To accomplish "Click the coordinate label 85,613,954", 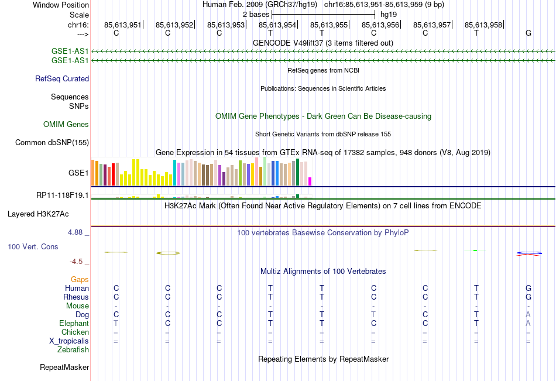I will click(x=277, y=25).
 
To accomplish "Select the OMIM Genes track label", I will click(x=66, y=124).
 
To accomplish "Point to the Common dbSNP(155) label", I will click(x=52, y=142).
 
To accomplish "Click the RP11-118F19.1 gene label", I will click(x=63, y=195).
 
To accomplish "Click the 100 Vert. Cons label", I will click(x=33, y=246).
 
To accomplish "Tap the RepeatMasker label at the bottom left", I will click(x=64, y=368).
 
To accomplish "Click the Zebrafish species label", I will click(x=73, y=350).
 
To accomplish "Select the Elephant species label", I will click(x=74, y=323).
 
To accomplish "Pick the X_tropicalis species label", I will click(x=69, y=341).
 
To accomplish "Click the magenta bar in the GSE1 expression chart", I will click(x=310, y=181).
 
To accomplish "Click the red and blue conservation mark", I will click(x=528, y=253).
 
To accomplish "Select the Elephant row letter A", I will click(x=528, y=323).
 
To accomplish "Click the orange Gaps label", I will click(x=80, y=279).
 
